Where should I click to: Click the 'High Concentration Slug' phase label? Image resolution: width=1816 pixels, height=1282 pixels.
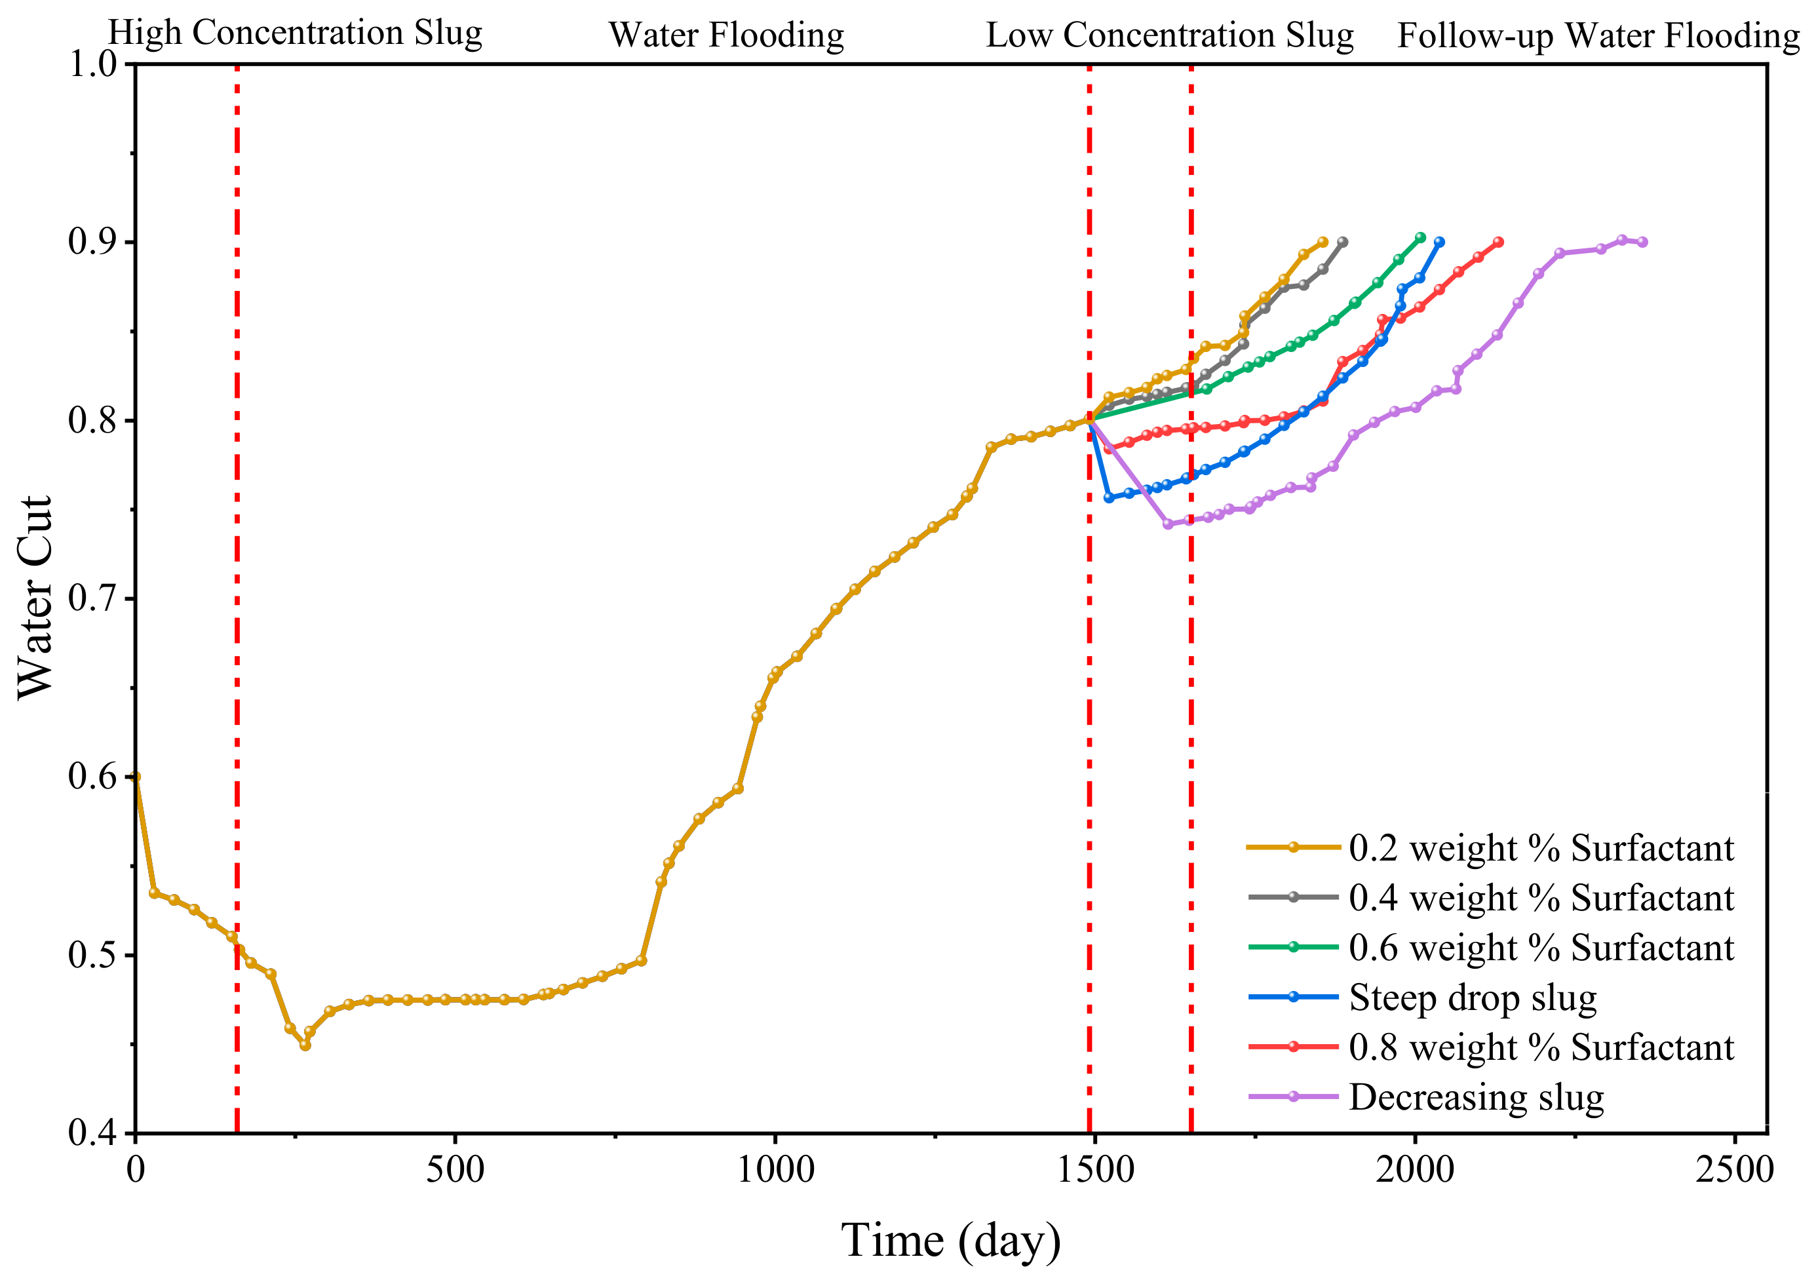click(x=295, y=34)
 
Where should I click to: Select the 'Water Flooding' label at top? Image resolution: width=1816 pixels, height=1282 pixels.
click(x=726, y=35)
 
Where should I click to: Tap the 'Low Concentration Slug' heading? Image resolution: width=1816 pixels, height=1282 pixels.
click(x=1170, y=35)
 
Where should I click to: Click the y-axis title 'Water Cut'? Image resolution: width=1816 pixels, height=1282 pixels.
click(x=35, y=598)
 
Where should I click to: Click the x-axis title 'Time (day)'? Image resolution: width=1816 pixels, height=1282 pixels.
click(x=951, y=1240)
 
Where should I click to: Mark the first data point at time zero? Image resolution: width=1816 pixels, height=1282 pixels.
click(x=136, y=777)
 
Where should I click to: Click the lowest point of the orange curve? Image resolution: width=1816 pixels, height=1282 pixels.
click(x=305, y=1045)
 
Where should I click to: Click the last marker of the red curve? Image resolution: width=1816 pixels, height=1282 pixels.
click(x=1498, y=242)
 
